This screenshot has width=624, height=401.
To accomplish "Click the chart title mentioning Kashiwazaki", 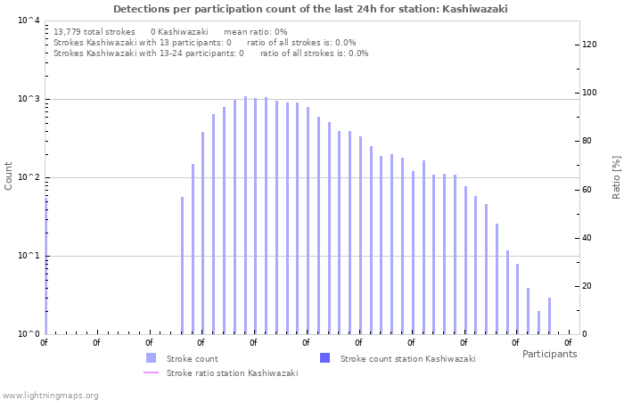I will [x=311, y=8].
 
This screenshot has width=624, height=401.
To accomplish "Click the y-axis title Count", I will [x=9, y=176].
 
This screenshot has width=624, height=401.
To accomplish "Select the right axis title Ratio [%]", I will [x=616, y=176].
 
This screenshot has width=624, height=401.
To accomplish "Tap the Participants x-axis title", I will [x=549, y=354].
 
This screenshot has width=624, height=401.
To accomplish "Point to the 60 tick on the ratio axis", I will [x=587, y=189].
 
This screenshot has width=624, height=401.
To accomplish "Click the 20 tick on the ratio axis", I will [x=587, y=286].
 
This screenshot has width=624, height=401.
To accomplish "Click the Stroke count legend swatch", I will [x=151, y=358].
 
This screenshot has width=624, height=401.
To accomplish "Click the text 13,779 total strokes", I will [x=94, y=31].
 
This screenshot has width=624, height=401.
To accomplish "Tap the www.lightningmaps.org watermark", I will [x=51, y=395].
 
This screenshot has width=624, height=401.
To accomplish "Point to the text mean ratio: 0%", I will [x=255, y=31].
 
